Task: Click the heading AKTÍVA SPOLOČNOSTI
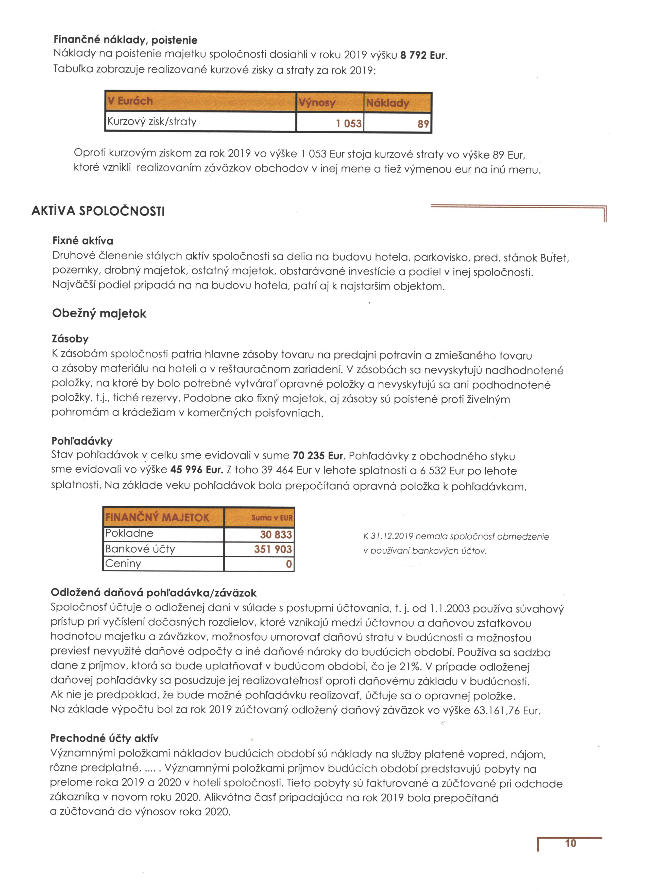click(x=98, y=211)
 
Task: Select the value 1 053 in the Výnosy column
click(x=348, y=123)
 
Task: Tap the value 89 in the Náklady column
click(x=423, y=124)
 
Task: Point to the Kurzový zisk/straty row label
click(x=152, y=122)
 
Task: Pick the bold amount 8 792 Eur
click(x=423, y=55)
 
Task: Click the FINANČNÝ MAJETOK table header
click(x=157, y=517)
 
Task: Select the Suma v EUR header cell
click(x=272, y=518)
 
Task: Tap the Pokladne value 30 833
click(x=276, y=535)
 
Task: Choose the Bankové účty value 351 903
click(x=273, y=549)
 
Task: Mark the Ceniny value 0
click(x=289, y=564)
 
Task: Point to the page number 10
click(x=570, y=843)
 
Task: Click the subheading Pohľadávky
click(x=82, y=441)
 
